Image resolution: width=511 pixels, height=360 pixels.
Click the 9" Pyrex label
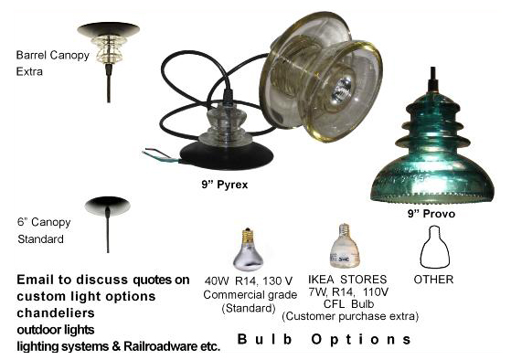tap(225, 185)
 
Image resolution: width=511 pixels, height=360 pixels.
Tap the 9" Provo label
tap(431, 214)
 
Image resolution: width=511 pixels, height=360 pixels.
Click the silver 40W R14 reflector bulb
tap(249, 249)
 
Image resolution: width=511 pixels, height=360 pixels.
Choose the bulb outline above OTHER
tap(435, 247)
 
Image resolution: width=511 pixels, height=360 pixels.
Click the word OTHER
tap(433, 280)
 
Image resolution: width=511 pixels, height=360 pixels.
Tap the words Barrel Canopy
tap(53, 55)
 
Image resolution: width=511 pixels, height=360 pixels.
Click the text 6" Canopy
tap(44, 222)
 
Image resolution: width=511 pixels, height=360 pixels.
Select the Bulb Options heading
tap(325, 339)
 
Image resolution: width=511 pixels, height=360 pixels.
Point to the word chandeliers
tap(56, 312)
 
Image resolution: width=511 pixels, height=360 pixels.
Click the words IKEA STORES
tap(347, 280)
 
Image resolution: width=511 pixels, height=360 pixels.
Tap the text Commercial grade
tap(250, 295)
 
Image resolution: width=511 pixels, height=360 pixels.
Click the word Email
tap(36, 280)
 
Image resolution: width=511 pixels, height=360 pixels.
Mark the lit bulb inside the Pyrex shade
tap(341, 89)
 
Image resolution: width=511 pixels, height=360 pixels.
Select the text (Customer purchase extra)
tap(350, 316)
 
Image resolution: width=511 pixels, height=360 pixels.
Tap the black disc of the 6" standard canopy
tap(108, 206)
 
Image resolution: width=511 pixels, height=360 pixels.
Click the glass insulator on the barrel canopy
tap(109, 49)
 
